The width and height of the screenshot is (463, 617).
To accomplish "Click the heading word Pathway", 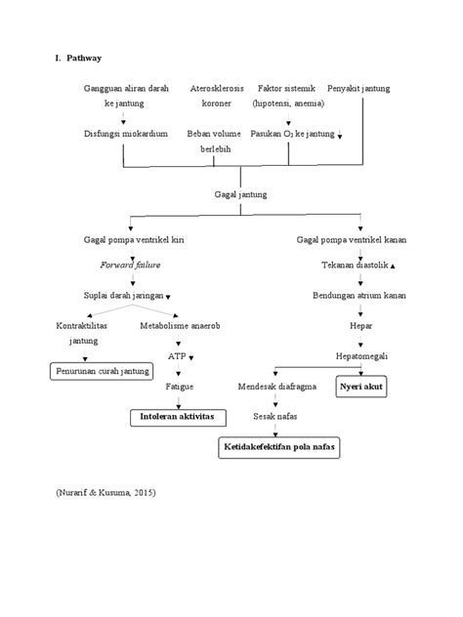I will (x=87, y=60).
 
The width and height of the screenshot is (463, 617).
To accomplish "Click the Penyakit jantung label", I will (x=358, y=88).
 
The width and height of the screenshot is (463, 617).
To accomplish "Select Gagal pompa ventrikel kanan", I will (x=352, y=239).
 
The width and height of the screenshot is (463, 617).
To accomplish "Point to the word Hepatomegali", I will (x=361, y=356).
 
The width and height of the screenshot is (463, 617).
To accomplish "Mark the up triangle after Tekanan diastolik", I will (x=393, y=266).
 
